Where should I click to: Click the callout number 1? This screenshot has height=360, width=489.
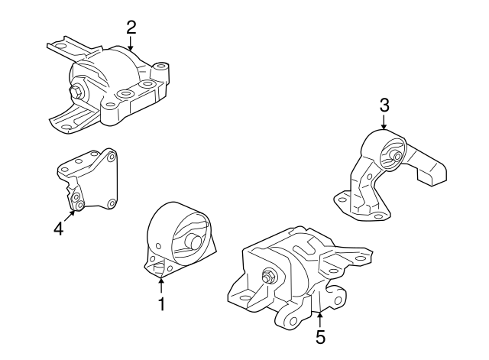(161, 304)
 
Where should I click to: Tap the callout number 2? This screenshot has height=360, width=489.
(131, 28)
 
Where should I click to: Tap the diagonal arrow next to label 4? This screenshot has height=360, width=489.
(68, 215)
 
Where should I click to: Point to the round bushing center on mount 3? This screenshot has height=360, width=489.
(395, 157)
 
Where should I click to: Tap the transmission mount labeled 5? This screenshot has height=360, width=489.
(298, 275)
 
